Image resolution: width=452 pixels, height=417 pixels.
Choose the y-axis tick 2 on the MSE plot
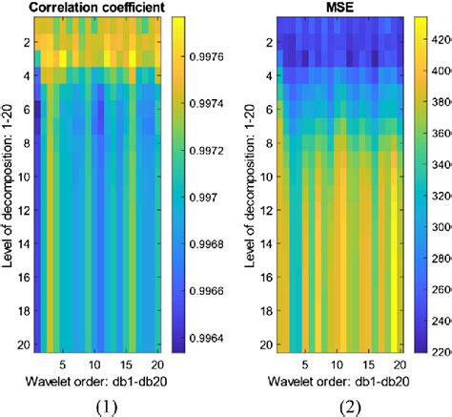(257, 43)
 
